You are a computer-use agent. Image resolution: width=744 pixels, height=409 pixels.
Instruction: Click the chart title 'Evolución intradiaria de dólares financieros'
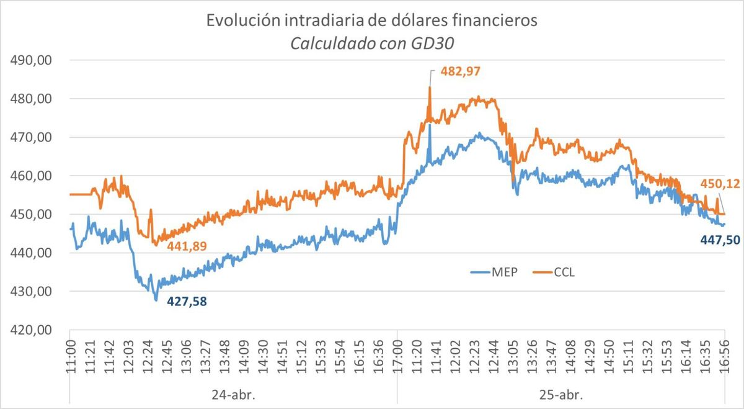click(x=372, y=20)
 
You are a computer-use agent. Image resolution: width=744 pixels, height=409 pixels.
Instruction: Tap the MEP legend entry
click(x=500, y=272)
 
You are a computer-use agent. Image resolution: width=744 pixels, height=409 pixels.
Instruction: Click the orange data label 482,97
click(x=461, y=71)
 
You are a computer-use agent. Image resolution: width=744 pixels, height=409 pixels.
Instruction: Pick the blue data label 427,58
click(x=186, y=302)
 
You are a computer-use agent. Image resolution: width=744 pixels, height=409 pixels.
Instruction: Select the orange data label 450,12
click(x=720, y=183)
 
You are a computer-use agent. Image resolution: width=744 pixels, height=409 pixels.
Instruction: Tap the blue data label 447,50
click(x=720, y=239)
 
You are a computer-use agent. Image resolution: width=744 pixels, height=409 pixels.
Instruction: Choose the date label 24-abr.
click(x=232, y=394)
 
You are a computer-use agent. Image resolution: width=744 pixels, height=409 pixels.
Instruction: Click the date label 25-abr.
click(x=560, y=394)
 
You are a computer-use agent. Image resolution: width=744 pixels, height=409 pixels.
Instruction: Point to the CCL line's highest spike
click(x=429, y=88)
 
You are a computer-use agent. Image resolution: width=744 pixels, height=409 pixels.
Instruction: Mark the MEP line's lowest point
click(x=156, y=300)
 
